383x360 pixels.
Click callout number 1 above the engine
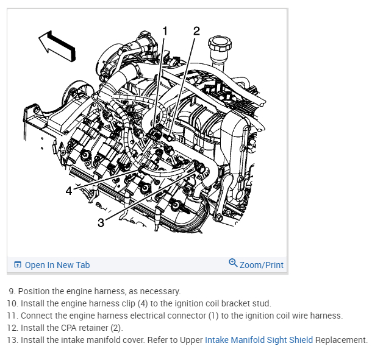[165, 31]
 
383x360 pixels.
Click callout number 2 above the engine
[196, 31]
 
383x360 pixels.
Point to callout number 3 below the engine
[101, 223]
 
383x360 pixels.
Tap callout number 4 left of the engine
[69, 191]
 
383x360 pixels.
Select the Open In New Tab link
[57, 265]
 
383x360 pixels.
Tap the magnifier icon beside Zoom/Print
[233, 263]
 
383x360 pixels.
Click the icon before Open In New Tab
[18, 265]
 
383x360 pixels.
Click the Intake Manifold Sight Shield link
[259, 340]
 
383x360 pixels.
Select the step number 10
[12, 303]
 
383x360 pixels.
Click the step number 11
[12, 316]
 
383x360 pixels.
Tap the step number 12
[12, 328]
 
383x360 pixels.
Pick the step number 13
[12, 340]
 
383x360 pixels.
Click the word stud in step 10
[261, 303]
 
